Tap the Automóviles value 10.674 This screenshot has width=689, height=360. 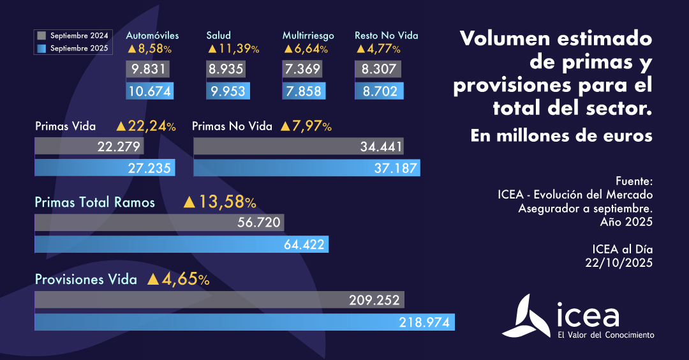(x=150, y=91)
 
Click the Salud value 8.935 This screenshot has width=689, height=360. (x=226, y=70)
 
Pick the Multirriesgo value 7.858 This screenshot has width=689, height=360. (x=304, y=91)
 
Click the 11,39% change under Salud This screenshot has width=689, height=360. (x=233, y=49)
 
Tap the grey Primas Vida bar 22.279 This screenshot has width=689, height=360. (x=89, y=147)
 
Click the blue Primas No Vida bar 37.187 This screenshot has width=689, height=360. (x=307, y=168)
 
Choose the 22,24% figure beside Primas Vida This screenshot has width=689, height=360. (x=146, y=126)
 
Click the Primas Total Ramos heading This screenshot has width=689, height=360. (x=95, y=202)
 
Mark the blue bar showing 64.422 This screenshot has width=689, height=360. (x=181, y=244)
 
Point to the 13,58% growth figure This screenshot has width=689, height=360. (x=220, y=202)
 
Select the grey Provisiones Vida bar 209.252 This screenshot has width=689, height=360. (x=219, y=300)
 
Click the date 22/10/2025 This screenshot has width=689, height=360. (x=619, y=262)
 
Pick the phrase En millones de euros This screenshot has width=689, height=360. (x=561, y=136)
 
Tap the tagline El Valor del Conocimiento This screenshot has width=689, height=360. (x=605, y=334)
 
